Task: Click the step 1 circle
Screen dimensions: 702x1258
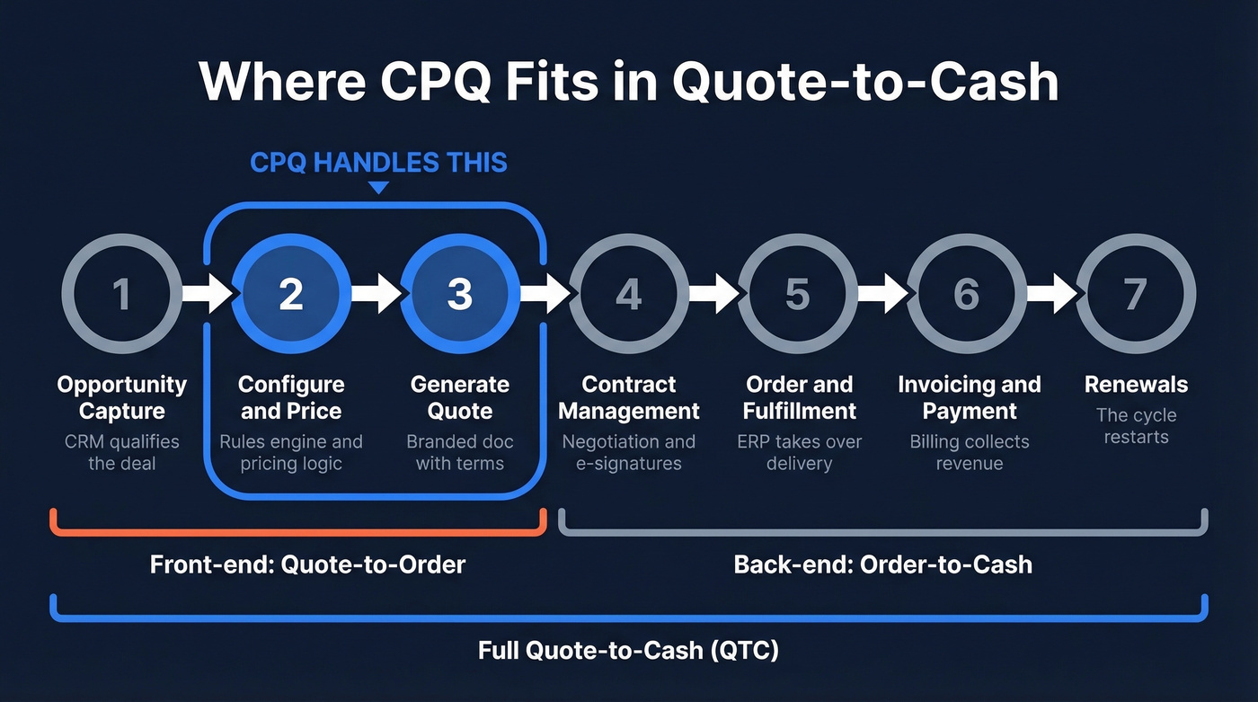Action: (x=121, y=294)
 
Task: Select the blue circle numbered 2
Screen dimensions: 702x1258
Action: (x=290, y=294)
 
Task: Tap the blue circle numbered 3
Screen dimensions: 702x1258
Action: (x=459, y=294)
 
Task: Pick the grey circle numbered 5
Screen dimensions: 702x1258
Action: (x=798, y=294)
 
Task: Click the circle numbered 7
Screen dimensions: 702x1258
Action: (x=1136, y=294)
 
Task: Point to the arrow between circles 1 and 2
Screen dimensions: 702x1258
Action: (x=206, y=294)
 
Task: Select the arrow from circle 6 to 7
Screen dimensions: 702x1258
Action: (x=1051, y=294)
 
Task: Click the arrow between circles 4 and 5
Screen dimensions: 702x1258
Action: (x=713, y=294)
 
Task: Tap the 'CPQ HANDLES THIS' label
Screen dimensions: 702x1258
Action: (x=378, y=163)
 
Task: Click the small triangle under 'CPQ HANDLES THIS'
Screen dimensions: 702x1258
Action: (x=378, y=188)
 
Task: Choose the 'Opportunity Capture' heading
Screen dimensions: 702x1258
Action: (x=121, y=397)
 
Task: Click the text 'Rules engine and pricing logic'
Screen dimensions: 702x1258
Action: (x=290, y=453)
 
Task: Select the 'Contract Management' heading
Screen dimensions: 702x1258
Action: (x=628, y=397)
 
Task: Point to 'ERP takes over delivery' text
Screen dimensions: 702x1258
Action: (x=798, y=453)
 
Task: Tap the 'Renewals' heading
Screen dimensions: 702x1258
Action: (x=1136, y=385)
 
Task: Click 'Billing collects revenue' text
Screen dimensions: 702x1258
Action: (x=968, y=453)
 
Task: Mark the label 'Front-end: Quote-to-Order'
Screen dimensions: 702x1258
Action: (x=307, y=564)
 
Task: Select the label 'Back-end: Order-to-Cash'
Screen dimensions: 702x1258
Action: (x=882, y=564)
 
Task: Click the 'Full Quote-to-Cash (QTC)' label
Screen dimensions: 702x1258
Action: (x=628, y=650)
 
